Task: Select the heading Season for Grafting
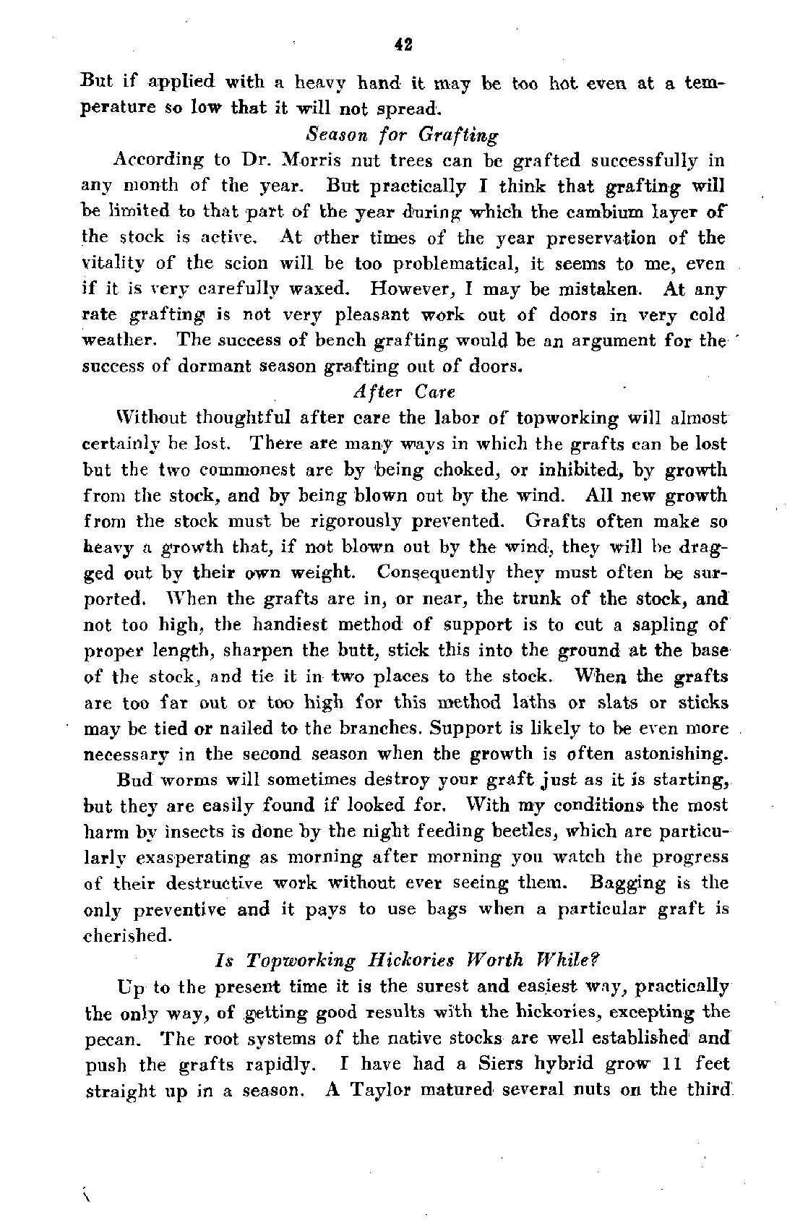pos(403,135)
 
